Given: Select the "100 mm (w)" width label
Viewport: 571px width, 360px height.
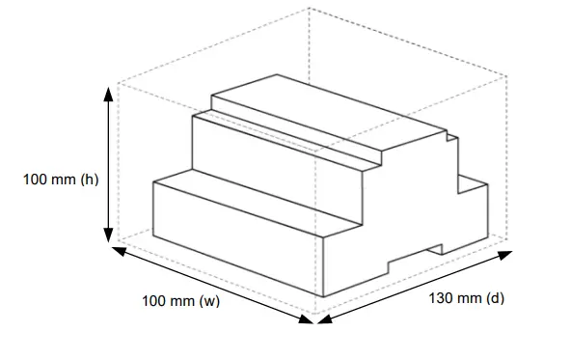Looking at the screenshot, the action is [181, 302].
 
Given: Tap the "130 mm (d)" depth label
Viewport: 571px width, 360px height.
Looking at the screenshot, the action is [466, 297].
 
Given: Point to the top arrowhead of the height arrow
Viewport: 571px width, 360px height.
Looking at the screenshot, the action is [109, 89].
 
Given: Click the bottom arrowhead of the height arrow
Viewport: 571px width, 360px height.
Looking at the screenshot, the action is [109, 237].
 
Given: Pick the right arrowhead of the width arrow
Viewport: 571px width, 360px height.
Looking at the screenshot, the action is [308, 318].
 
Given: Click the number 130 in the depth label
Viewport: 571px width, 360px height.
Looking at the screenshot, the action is [440, 297].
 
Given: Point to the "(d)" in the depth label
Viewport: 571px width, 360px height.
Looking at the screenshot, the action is [495, 297].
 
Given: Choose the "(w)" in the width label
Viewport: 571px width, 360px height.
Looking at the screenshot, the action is [209, 302].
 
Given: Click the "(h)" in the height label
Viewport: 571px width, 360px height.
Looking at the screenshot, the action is [89, 180].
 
